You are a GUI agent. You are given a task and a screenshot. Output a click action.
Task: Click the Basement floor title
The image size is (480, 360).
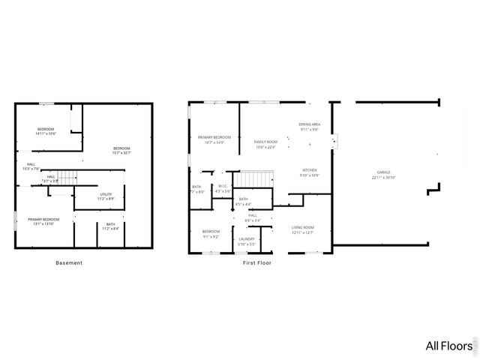click(x=69, y=262)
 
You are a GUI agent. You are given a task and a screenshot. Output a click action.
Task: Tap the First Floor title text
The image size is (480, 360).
click(x=256, y=263)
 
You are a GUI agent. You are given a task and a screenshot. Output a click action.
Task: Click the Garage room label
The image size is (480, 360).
click(x=383, y=172)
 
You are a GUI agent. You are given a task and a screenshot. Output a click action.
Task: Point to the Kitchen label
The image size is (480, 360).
click(x=310, y=170)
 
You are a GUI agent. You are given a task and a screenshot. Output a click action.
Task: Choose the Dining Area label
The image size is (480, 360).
click(x=310, y=124)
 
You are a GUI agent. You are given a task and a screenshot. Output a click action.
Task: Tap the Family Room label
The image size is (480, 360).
click(x=265, y=142)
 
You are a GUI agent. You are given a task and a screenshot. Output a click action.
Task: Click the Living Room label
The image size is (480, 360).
click(x=302, y=227)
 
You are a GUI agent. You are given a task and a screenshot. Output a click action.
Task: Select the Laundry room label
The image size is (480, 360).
click(x=247, y=239)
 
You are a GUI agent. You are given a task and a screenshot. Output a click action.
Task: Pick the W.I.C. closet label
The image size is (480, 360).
click(x=223, y=186)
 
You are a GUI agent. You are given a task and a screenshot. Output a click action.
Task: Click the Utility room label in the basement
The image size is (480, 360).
click(x=106, y=194)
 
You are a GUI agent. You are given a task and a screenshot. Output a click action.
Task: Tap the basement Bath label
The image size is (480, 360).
click(x=110, y=224)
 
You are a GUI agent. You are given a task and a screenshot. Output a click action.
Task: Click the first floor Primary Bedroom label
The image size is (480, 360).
click(x=214, y=137)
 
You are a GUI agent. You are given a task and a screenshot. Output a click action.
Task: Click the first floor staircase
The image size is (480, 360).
click(x=256, y=179)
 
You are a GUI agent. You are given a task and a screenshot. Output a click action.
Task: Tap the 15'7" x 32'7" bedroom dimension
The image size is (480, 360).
click(x=121, y=153)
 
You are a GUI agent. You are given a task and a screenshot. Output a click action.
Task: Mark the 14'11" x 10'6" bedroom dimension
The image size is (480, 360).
click(x=46, y=133)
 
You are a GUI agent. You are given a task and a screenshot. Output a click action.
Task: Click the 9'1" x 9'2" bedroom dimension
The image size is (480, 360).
click(x=211, y=236)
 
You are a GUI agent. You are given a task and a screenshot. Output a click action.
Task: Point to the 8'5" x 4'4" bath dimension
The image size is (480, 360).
click(x=243, y=204)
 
